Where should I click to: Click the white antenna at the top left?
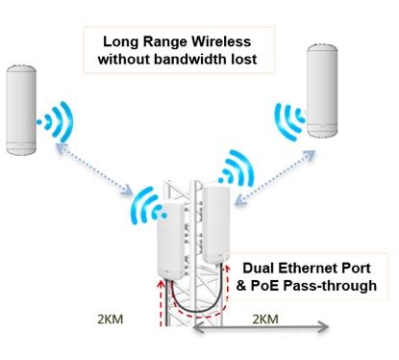25,109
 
